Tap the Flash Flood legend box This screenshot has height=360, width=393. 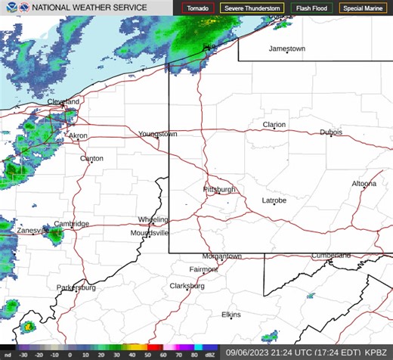coord(311,9)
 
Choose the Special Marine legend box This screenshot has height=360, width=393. coord(361,9)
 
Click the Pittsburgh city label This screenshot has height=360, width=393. coord(220,189)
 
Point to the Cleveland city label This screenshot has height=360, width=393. coord(63,101)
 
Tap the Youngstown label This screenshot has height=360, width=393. coord(157,134)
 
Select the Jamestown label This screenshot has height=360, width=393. coord(287,49)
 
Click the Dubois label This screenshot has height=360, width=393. coord(331,132)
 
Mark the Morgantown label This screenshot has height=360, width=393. coord(221,256)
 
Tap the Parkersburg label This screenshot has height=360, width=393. coord(76,288)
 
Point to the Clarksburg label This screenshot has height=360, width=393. coord(187,286)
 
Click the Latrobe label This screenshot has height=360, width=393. coord(274,200)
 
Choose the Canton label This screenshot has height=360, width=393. coord(91,159)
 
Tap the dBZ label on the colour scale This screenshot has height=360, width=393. coord(209,353)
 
